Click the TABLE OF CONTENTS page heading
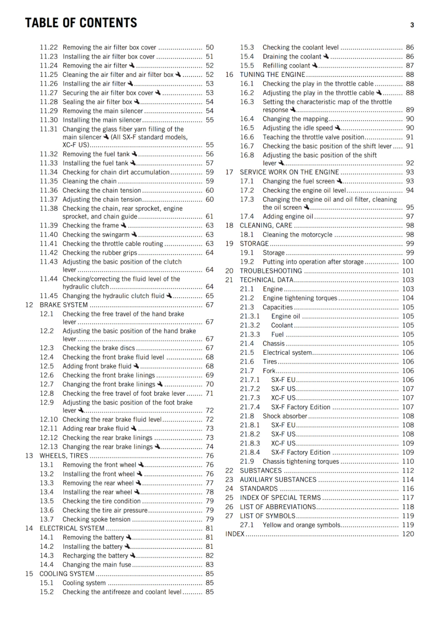[81, 23]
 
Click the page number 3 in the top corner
[412, 25]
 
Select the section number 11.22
[49, 47]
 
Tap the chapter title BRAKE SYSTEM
[63, 305]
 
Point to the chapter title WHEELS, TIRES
[64, 456]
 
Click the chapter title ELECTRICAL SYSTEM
[72, 528]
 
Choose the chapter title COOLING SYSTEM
[67, 574]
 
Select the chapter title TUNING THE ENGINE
[272, 75]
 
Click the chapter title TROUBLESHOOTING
[271, 271]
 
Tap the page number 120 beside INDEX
[408, 534]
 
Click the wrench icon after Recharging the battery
[132, 555]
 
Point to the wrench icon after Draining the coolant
[326, 56]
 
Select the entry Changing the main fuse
[97, 565]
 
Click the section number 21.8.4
[250, 452]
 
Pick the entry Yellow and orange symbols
[301, 525]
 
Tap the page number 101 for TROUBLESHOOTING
[408, 271]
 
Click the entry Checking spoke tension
[96, 519]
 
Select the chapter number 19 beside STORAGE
[229, 244]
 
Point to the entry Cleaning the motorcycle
[297, 235]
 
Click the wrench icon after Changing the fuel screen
[339, 181]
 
